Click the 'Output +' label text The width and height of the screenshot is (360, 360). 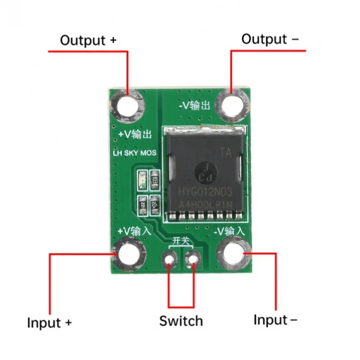click(x=88, y=40)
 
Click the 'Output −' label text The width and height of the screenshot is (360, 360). click(x=270, y=39)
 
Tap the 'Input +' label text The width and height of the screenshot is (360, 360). click(x=49, y=323)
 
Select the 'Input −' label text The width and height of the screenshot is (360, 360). click(x=275, y=320)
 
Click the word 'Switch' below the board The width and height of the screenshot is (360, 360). click(x=181, y=321)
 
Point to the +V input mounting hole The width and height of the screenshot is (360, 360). click(x=129, y=254)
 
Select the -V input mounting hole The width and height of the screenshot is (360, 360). click(x=234, y=254)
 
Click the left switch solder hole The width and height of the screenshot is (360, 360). click(x=170, y=260)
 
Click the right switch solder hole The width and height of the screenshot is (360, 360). click(x=193, y=259)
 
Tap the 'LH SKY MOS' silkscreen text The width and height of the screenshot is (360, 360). click(x=134, y=153)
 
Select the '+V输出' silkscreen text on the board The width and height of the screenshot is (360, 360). click(x=135, y=135)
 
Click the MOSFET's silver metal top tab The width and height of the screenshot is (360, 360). click(x=205, y=130)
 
